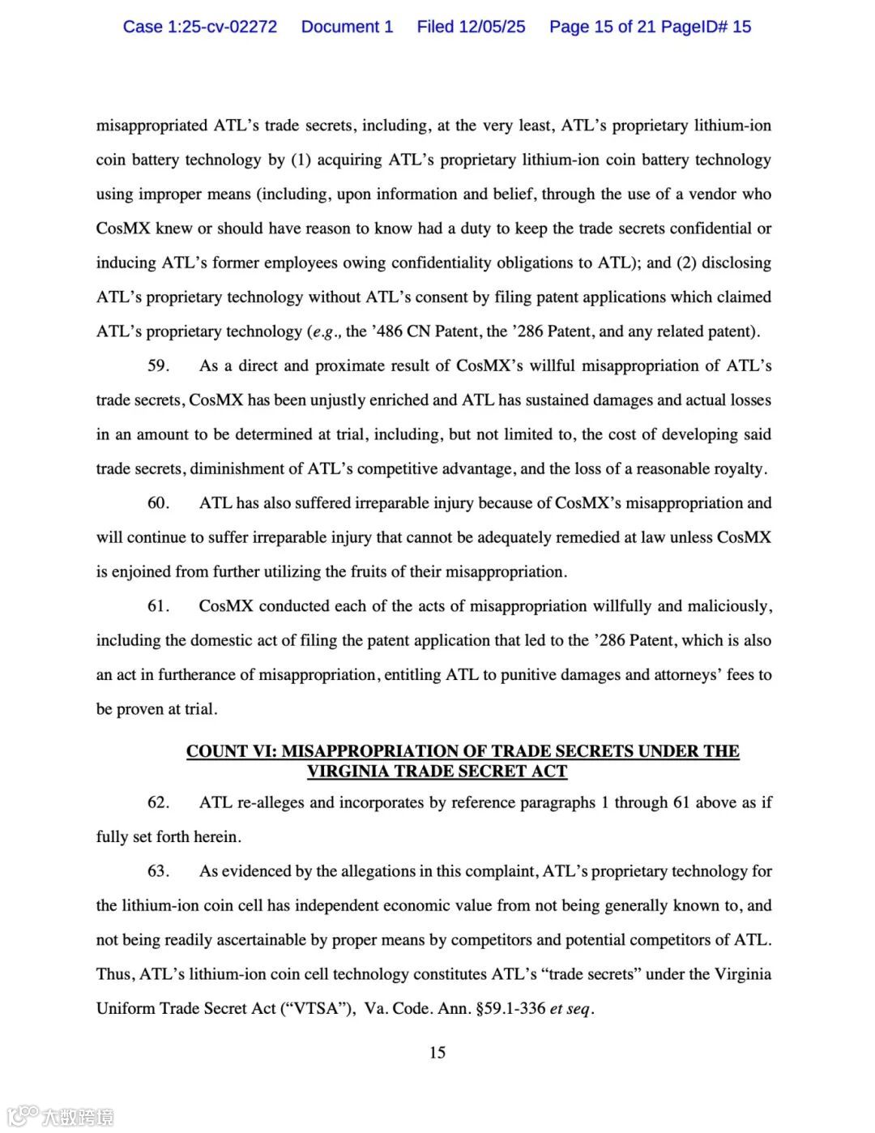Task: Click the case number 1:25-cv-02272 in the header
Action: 221,27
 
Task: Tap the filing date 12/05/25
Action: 492,27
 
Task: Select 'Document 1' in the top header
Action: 347,27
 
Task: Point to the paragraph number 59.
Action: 158,366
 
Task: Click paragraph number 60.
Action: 158,503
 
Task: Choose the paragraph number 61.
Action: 158,606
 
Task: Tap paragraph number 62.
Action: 158,802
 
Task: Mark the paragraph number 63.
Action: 158,871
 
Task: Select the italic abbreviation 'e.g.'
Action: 327,331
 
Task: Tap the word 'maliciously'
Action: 728,606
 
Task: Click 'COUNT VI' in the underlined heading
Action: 230,751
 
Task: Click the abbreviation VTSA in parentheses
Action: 314,1009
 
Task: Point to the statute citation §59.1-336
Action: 510,1009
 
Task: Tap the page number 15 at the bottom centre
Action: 437,1053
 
